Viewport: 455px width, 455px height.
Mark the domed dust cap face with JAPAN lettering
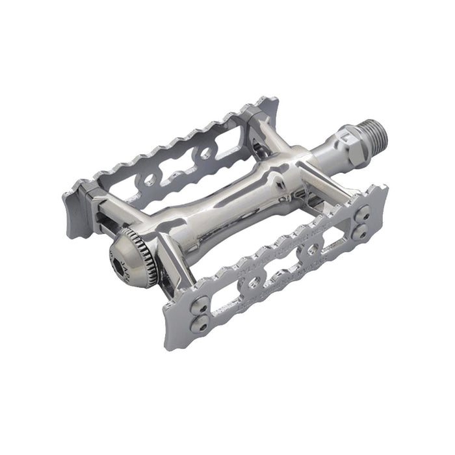pyautogui.click(x=130, y=260)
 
